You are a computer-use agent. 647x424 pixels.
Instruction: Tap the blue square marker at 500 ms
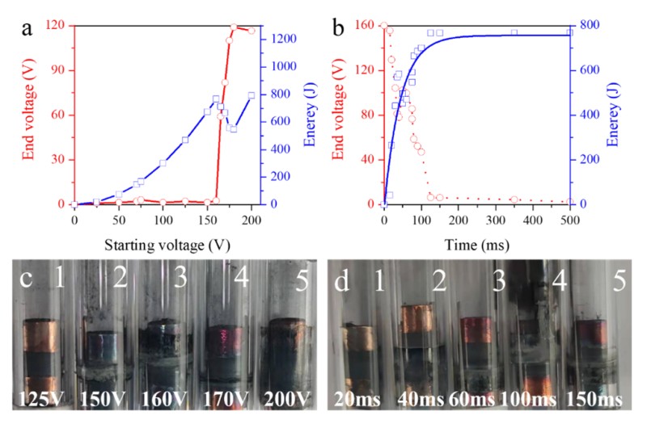click(x=569, y=32)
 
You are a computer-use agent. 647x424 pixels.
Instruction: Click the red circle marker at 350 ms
click(x=514, y=199)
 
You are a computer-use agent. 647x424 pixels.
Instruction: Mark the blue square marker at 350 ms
click(x=514, y=32)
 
